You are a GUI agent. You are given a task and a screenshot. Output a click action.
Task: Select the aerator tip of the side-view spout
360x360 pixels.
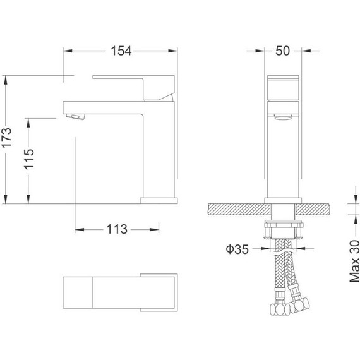point(75,116)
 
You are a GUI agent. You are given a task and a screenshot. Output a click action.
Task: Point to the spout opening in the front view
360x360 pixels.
point(283,115)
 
